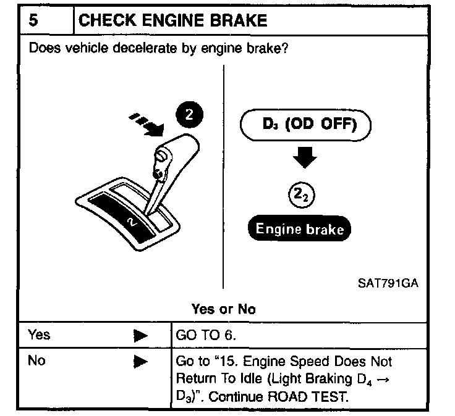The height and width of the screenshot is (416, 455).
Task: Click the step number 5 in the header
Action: tap(35, 20)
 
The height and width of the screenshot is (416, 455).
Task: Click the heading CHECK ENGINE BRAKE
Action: tap(173, 20)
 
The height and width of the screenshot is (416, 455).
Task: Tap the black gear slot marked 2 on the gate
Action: tap(127, 217)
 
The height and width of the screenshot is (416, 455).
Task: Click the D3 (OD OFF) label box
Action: tap(306, 126)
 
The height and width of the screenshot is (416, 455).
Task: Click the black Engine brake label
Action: tap(299, 229)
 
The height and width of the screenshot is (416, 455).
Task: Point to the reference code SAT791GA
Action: tap(388, 283)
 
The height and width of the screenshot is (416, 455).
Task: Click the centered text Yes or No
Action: tap(223, 309)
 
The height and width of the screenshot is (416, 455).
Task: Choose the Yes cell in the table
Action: tap(40, 335)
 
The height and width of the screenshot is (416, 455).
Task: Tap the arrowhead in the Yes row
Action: tap(141, 336)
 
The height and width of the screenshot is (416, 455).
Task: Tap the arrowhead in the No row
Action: tap(141, 363)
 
